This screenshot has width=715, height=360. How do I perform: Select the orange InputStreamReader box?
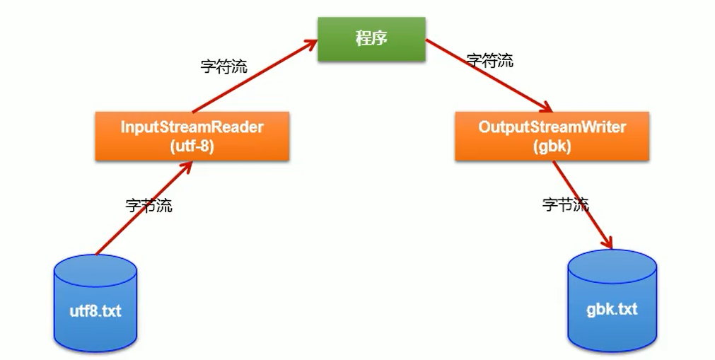click(192, 136)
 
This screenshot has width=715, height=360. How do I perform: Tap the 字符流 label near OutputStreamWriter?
click(490, 61)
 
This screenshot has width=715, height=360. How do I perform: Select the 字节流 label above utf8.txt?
click(149, 207)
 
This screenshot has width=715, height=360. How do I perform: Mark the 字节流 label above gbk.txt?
click(565, 205)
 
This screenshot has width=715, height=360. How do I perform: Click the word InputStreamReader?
click(192, 127)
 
